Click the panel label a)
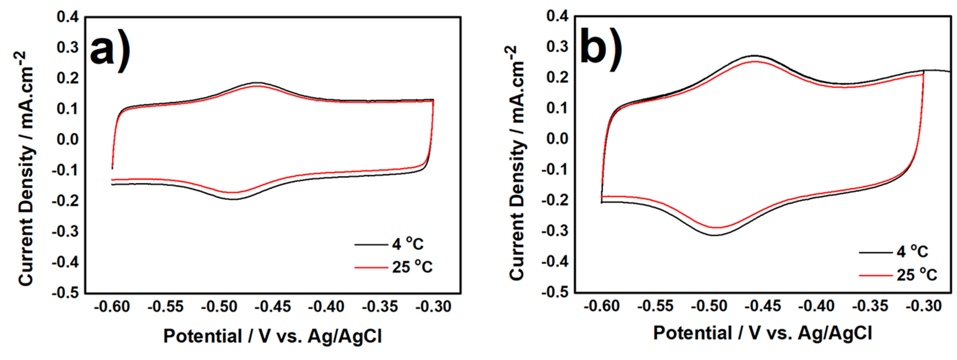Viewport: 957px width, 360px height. click(110, 50)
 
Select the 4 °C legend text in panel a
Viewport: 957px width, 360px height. click(408, 244)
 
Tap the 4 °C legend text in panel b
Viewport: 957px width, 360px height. click(912, 252)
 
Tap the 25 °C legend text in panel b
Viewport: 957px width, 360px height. click(916, 275)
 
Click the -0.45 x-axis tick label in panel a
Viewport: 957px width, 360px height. click(273, 307)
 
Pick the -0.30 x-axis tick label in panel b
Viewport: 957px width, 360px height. click(923, 306)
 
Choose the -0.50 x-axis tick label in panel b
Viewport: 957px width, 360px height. click(709, 306)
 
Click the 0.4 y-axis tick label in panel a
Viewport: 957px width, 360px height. click(68, 17)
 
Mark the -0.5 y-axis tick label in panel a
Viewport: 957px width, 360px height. click(66, 293)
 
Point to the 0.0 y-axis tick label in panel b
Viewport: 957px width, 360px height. click(557, 139)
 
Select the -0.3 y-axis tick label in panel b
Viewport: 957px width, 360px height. click(555, 231)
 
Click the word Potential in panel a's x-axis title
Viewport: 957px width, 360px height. click(202, 336)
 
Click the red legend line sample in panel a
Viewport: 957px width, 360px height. click(371, 267)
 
